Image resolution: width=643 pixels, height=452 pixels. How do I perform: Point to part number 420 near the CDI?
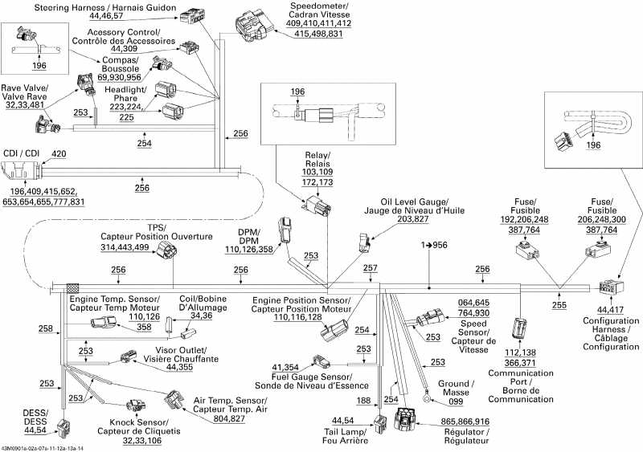point(59,153)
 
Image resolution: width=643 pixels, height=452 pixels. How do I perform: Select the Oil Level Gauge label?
point(413,206)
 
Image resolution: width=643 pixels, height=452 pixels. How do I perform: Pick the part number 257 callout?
point(370,268)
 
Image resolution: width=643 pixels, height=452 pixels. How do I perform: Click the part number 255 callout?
point(559,305)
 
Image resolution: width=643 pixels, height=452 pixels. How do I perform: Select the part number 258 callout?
point(46,328)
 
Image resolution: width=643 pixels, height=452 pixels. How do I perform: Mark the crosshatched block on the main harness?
point(73,287)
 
